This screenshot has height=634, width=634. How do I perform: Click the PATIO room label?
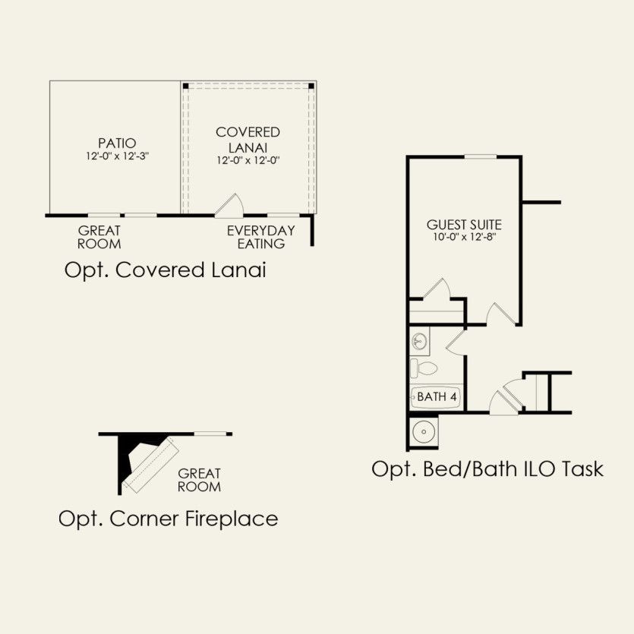(117, 143)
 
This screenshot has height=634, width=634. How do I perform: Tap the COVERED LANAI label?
(248, 140)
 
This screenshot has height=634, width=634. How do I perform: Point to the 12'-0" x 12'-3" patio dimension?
(117, 156)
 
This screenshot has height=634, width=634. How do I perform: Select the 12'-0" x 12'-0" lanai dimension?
(248, 160)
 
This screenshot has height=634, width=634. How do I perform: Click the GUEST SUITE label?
(464, 225)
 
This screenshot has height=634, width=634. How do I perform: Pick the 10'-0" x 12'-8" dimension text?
(465, 237)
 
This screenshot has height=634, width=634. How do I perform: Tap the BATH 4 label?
(437, 396)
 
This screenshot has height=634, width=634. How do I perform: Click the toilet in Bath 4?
(424, 368)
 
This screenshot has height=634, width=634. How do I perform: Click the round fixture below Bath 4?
(424, 432)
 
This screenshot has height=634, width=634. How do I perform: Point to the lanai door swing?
(229, 205)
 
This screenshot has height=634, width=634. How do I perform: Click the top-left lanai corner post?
(185, 86)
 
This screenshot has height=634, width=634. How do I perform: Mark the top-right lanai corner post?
(311, 86)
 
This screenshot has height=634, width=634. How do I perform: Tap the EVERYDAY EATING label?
(260, 237)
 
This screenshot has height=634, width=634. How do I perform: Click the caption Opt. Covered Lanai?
(166, 270)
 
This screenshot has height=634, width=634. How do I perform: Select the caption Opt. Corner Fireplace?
(169, 519)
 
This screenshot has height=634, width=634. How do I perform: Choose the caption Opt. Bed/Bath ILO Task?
(487, 469)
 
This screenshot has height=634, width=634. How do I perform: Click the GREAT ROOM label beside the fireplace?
(200, 480)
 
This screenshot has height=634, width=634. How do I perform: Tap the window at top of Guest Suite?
(481, 156)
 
